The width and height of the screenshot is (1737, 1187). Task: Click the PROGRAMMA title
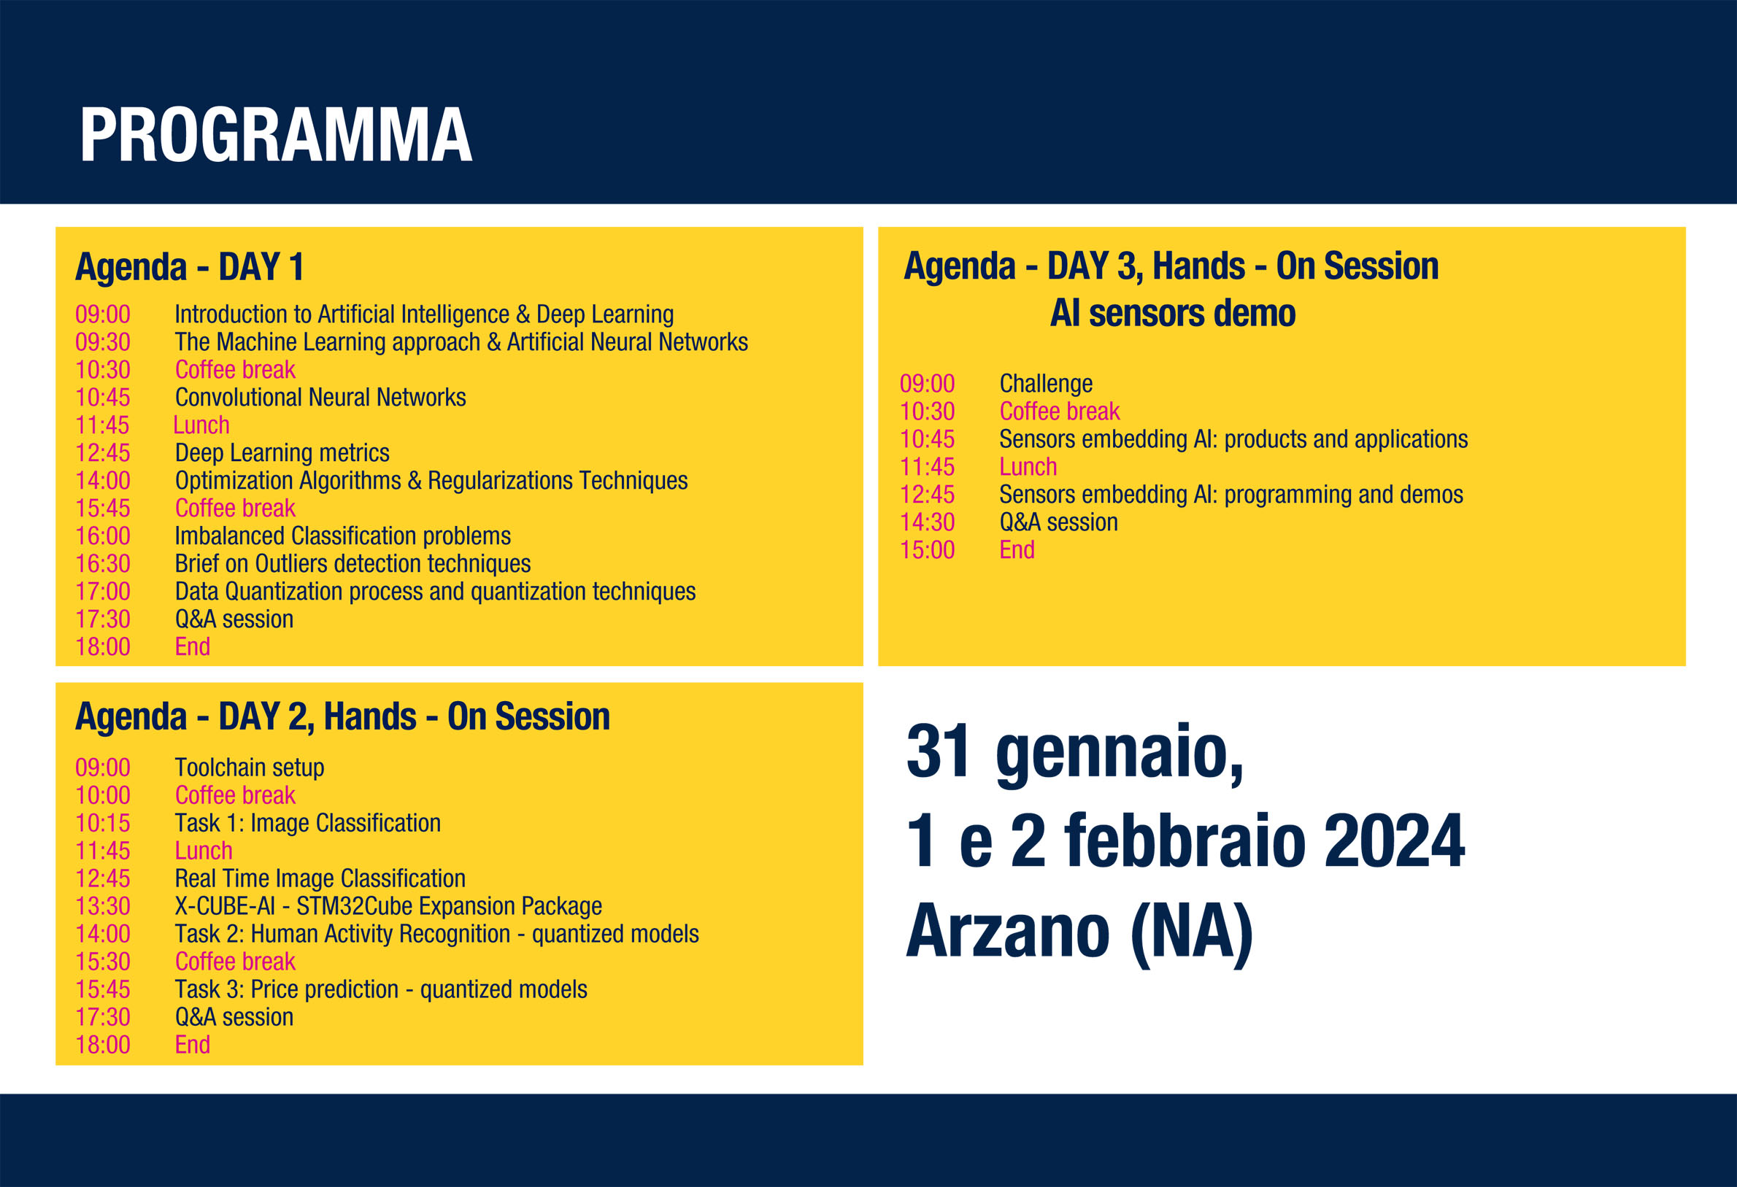276,134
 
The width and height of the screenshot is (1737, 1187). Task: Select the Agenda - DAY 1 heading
190,268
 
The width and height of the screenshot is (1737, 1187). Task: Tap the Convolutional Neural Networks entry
320,398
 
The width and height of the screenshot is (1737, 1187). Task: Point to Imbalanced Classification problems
342,536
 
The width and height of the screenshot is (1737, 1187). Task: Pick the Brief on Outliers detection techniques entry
353,564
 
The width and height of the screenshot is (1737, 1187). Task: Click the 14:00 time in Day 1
103,481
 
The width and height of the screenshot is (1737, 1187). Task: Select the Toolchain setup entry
250,768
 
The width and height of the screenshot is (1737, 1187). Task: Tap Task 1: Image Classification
308,823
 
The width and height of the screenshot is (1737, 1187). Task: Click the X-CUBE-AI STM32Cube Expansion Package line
389,906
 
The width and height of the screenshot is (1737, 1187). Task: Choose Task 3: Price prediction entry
381,990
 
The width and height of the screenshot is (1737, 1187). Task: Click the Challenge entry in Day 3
1046,384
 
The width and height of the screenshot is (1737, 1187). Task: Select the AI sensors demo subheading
1173,313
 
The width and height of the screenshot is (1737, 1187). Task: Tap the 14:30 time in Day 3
928,523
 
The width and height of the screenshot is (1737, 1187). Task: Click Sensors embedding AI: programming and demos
1231,495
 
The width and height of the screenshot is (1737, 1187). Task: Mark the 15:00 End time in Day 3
928,551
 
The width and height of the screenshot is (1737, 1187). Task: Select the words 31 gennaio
1075,753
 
